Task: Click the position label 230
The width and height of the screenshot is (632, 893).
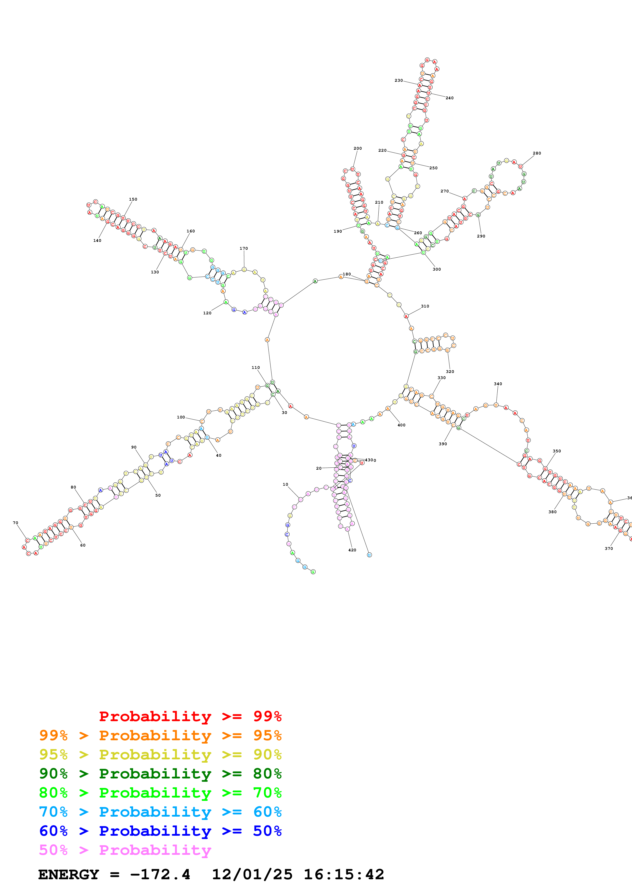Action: [x=398, y=80]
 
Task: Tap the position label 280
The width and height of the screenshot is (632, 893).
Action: [x=537, y=153]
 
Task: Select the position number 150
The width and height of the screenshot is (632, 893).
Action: [x=133, y=199]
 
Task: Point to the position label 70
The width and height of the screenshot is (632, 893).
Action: [x=16, y=523]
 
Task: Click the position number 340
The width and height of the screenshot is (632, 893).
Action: [x=498, y=384]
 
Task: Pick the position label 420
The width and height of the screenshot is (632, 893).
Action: [x=352, y=550]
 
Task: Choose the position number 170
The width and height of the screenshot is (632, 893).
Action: [x=243, y=248]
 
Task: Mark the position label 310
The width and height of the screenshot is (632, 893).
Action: [x=425, y=306]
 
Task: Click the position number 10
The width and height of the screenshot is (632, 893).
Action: [x=286, y=484]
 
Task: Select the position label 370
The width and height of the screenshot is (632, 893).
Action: [x=608, y=548]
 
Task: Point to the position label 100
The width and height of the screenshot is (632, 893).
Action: [x=181, y=417]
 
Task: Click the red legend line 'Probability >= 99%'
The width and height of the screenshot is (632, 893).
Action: [x=190, y=716]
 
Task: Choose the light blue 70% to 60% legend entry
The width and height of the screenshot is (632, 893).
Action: [x=160, y=812]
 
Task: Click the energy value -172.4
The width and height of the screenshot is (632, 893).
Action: [x=160, y=874]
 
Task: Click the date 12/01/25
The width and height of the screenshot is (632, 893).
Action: [x=252, y=874]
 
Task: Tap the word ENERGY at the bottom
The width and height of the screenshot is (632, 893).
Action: [x=69, y=874]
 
